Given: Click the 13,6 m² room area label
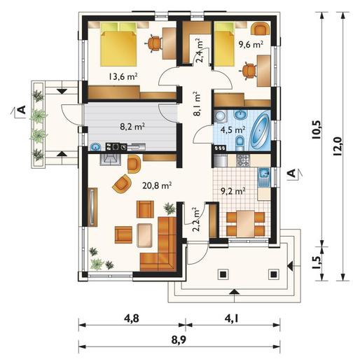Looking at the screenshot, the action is click(123, 76).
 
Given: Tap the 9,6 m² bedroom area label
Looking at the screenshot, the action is click(251, 44).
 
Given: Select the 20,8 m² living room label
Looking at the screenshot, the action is click(157, 185).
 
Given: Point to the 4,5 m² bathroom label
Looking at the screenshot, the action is click(233, 129).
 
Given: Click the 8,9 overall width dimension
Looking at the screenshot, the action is click(179, 340).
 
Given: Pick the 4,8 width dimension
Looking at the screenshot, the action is click(132, 318).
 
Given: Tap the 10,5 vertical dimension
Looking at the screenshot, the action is click(317, 130).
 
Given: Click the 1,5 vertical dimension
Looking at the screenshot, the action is click(317, 263).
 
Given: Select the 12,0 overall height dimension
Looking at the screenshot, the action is click(338, 146).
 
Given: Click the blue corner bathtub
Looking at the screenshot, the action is click(260, 130).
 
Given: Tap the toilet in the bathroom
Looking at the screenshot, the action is click(240, 143).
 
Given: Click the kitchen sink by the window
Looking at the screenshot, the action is click(264, 176).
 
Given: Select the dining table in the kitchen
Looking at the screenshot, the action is click(245, 223).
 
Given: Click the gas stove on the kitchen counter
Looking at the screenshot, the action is click(243, 160).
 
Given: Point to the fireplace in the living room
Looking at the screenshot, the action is click(111, 160).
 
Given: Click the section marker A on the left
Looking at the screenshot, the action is click(22, 109).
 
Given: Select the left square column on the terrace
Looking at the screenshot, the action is click(223, 274).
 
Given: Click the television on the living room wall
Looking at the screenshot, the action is click(93, 206).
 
